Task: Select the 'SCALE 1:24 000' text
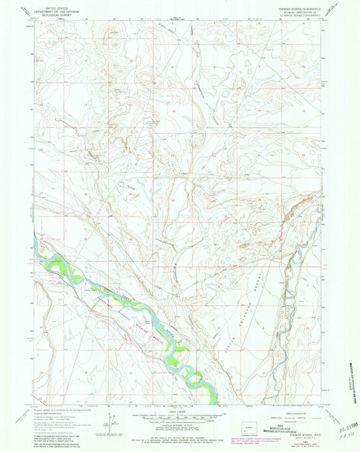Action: (x=179, y=411)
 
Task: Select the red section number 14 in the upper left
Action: (x=86, y=107)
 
